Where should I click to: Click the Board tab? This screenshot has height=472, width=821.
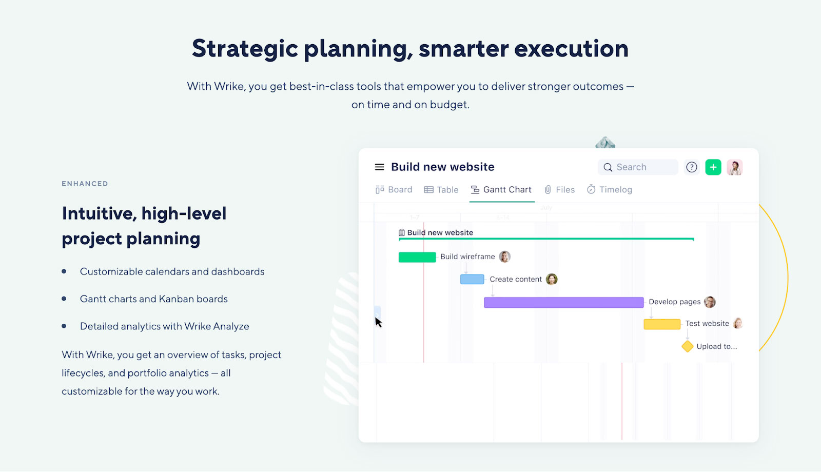[394, 189]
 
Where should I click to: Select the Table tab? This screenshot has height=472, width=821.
[441, 189]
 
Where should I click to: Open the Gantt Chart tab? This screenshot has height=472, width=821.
[501, 189]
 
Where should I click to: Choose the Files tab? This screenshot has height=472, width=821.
[560, 189]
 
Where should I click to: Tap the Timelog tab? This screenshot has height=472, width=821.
[610, 189]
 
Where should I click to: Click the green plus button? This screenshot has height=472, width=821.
[713, 167]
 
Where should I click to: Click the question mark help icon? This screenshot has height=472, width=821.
[692, 167]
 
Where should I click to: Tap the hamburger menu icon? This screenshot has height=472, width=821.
[379, 167]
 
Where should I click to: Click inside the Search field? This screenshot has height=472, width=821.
[638, 167]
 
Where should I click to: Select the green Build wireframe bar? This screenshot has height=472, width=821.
[417, 257]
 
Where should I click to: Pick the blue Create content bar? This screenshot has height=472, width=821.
[472, 279]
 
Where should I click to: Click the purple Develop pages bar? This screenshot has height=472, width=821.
[564, 302]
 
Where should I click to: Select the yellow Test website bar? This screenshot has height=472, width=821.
[662, 324]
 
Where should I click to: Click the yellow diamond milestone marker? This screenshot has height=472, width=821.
[687, 346]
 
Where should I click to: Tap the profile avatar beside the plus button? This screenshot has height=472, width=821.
[734, 167]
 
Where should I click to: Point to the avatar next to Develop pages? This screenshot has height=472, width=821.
[710, 302]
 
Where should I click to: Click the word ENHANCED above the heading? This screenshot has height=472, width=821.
[85, 184]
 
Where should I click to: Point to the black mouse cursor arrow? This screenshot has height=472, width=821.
[378, 322]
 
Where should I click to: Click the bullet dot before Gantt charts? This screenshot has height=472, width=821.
[64, 299]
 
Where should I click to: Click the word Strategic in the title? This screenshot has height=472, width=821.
[245, 49]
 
